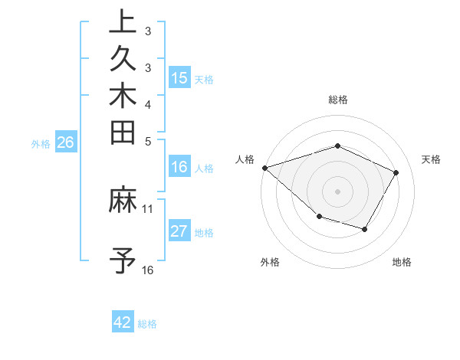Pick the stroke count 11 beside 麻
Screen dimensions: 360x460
coord(148,208)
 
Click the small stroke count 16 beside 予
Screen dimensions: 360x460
coord(148,270)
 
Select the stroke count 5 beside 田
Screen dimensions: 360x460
coord(148,141)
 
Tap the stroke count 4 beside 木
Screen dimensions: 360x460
coord(148,104)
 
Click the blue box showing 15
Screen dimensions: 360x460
coord(179,77)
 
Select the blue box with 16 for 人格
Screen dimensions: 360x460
coord(179,168)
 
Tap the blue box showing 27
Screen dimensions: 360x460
coord(179,232)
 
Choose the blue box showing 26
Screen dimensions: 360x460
coord(66,142)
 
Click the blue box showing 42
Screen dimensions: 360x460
coord(123,322)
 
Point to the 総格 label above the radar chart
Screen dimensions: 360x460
coord(338,100)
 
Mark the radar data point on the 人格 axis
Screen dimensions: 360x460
coord(264,167)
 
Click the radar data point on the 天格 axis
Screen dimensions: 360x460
coord(396,172)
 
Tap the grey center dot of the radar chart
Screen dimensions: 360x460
coord(338,191)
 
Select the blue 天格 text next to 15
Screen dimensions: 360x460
coord(204,79)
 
